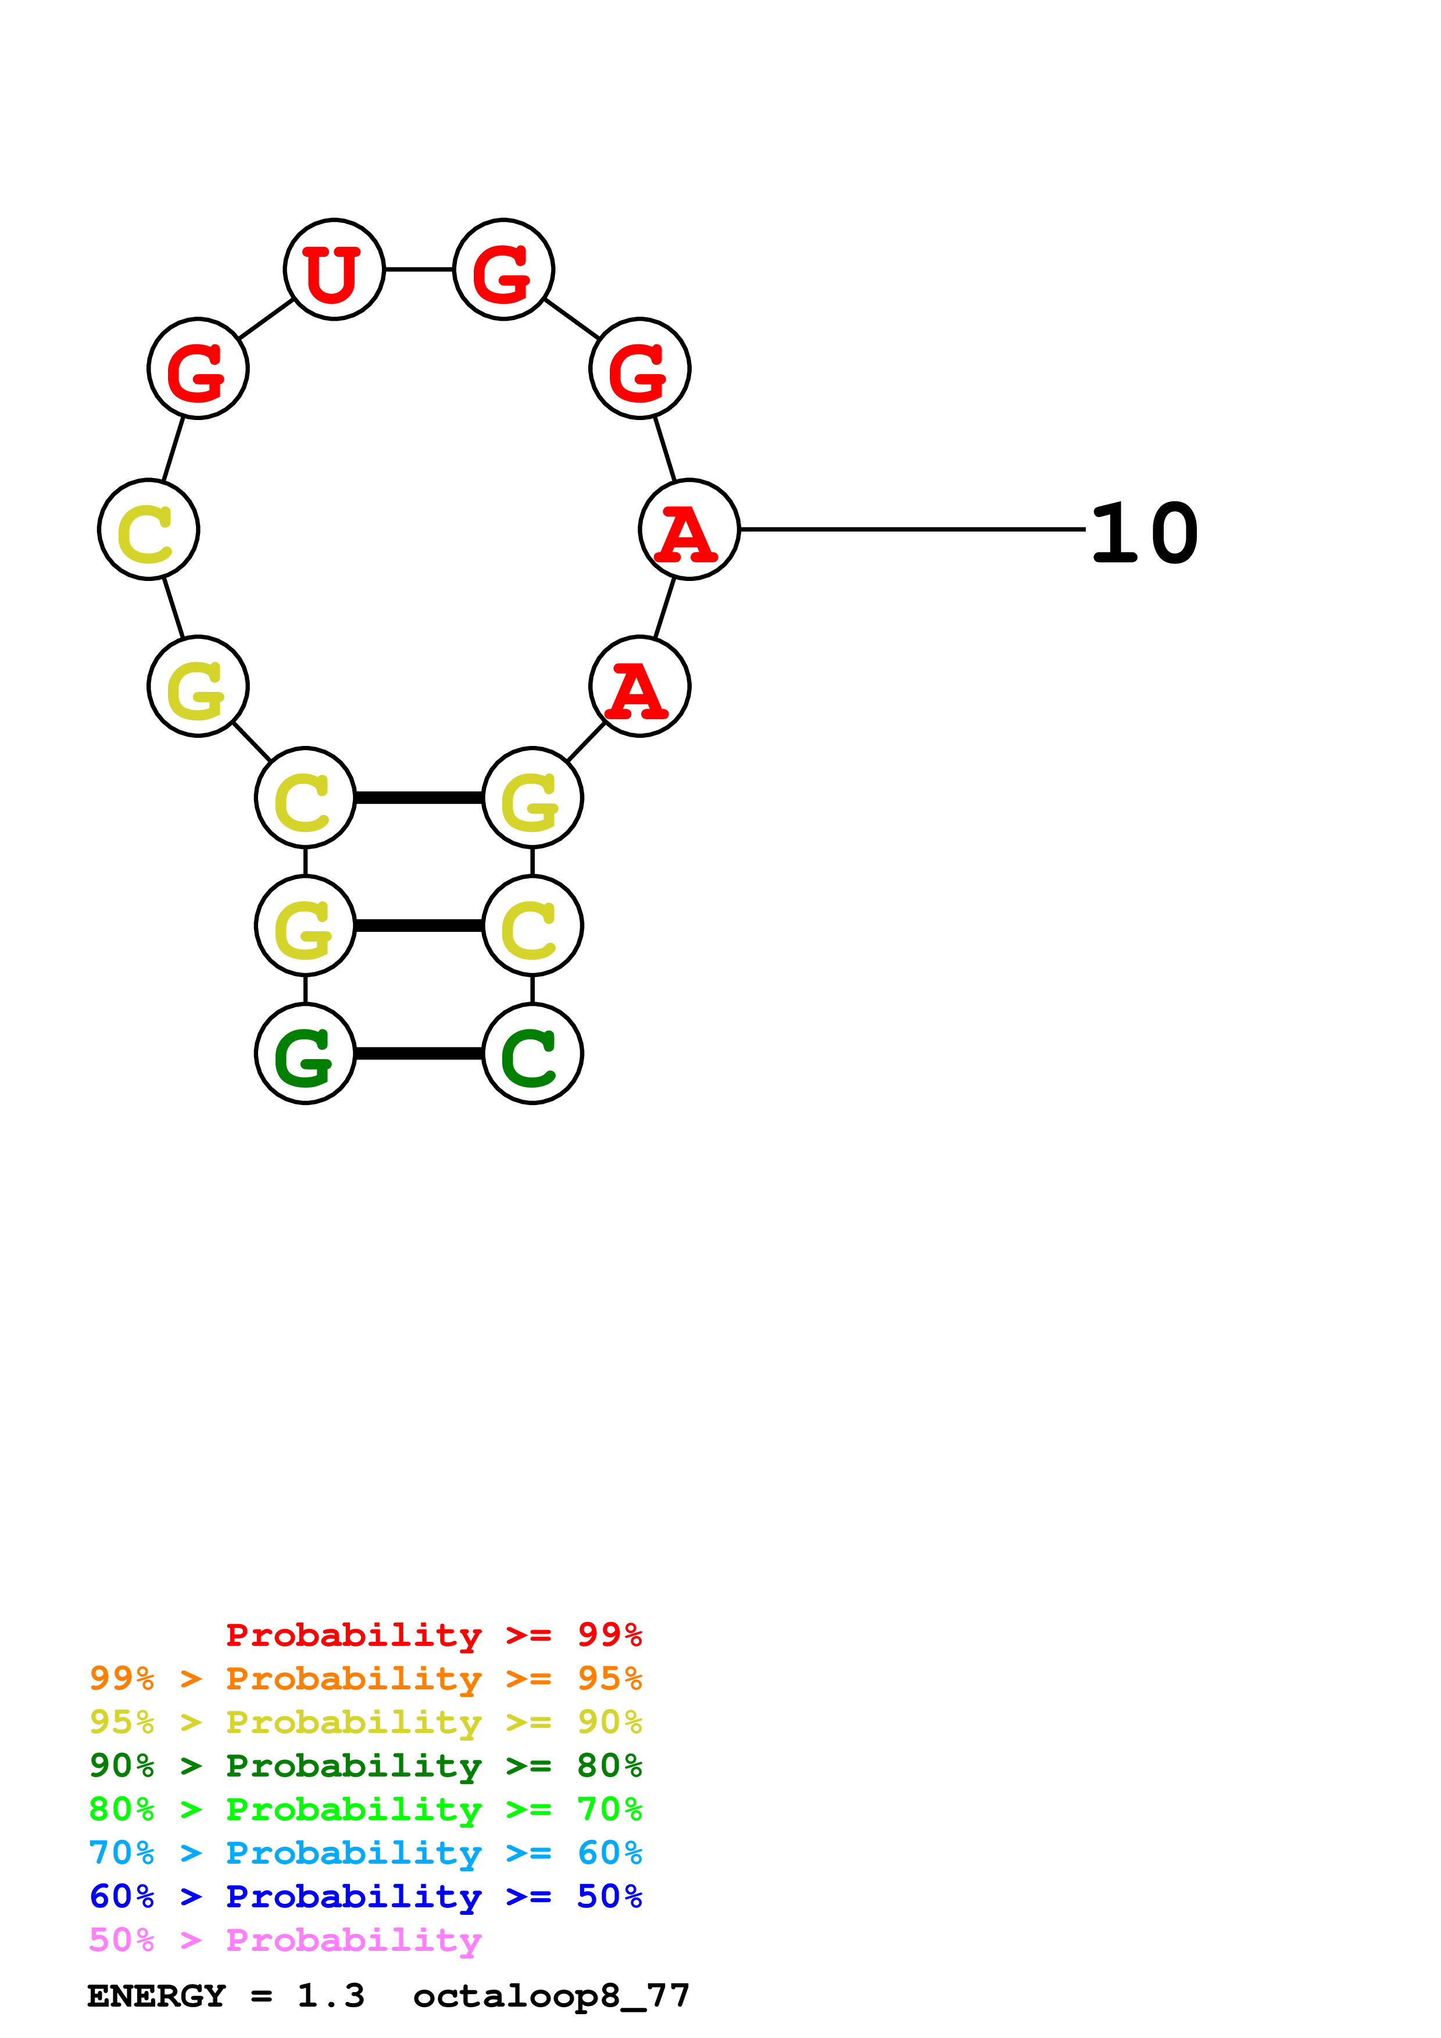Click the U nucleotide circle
click(x=334, y=269)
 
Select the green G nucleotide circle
click(x=305, y=1054)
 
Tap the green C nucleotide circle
click(x=532, y=1054)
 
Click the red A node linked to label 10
click(x=689, y=529)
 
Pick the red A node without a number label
click(x=639, y=686)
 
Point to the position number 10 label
click(x=1143, y=533)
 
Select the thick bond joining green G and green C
click(x=419, y=1054)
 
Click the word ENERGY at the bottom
click(x=156, y=1996)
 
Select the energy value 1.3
click(x=330, y=1996)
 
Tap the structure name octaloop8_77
click(x=550, y=1996)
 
